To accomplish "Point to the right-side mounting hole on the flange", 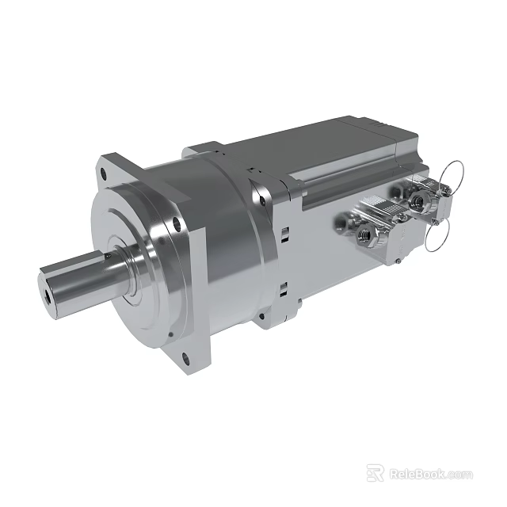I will point(179,224).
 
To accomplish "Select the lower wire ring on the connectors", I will point(440,235).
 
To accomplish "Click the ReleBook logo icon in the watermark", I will point(375,473).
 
